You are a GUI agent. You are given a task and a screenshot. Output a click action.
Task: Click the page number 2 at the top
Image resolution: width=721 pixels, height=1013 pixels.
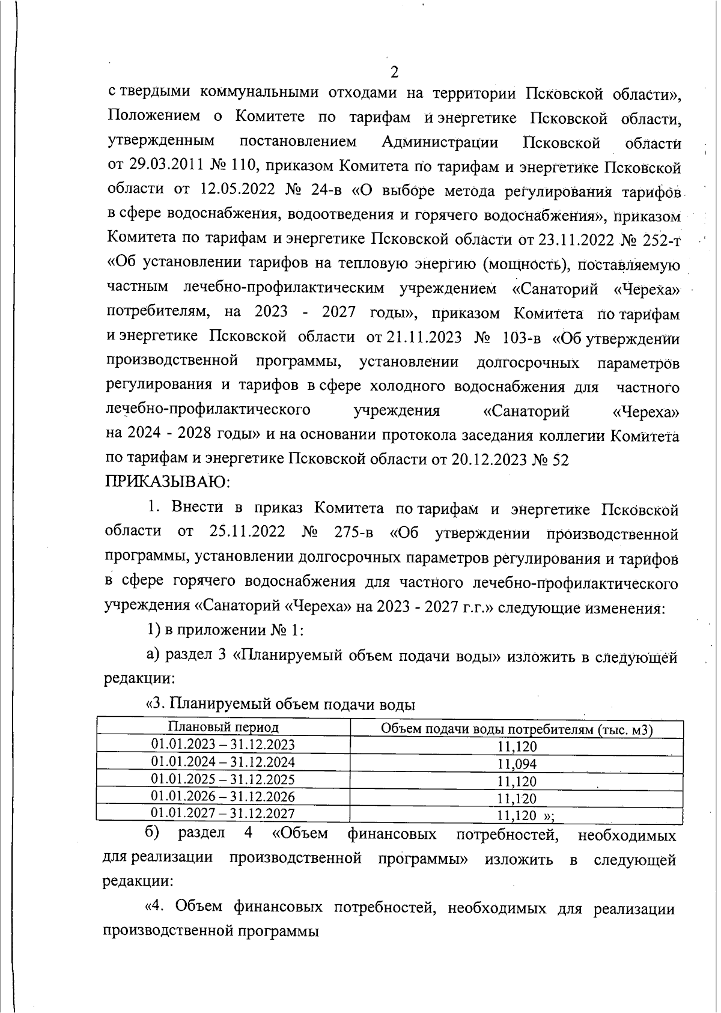point(394,73)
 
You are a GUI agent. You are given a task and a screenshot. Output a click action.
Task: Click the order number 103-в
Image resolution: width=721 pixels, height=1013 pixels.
point(522,337)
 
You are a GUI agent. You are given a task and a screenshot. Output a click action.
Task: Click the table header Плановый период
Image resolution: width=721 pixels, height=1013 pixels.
point(223,728)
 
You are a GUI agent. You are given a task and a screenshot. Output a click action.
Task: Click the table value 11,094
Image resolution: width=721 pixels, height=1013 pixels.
point(517,764)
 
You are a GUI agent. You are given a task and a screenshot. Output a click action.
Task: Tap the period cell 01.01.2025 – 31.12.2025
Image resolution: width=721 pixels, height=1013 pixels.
point(223,779)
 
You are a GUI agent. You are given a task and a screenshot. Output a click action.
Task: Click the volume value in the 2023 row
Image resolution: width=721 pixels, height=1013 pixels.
point(517,747)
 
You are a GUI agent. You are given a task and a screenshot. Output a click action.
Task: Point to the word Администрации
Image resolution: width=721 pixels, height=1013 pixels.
point(439,143)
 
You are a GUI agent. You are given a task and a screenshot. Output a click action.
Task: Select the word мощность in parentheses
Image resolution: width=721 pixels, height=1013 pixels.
point(525,264)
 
